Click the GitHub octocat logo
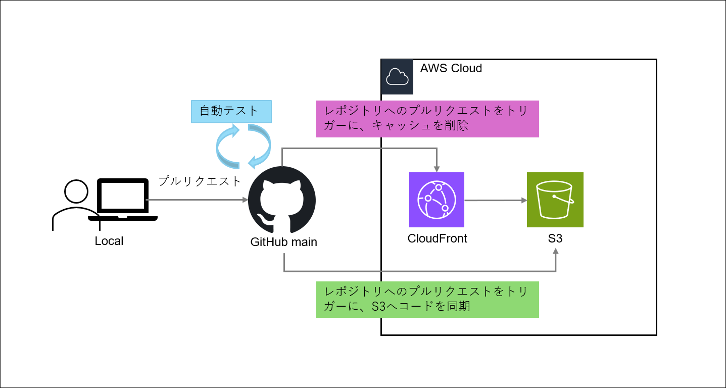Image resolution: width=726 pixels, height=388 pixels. point(282,199)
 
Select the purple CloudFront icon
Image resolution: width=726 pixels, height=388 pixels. point(437,200)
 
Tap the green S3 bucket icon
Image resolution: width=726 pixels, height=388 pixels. point(555,200)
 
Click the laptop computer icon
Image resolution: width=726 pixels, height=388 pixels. point(123,200)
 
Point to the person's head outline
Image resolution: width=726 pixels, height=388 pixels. point(76,192)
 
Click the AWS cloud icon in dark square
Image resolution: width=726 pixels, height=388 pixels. point(397,77)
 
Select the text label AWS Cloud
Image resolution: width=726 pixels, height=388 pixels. point(451,68)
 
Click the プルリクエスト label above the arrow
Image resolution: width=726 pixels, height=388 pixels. point(200,181)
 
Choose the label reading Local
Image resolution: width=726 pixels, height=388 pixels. point(109,241)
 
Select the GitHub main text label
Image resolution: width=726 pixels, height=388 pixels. point(284,242)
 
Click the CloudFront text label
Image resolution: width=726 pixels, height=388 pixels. point(437,238)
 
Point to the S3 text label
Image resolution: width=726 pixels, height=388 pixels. point(555,238)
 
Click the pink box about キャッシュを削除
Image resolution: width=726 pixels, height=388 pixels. point(427,119)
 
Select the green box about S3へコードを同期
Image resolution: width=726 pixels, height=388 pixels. point(427,299)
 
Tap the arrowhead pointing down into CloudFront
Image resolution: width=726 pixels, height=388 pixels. point(437,168)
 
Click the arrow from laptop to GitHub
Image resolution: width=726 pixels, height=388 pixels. point(197,200)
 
